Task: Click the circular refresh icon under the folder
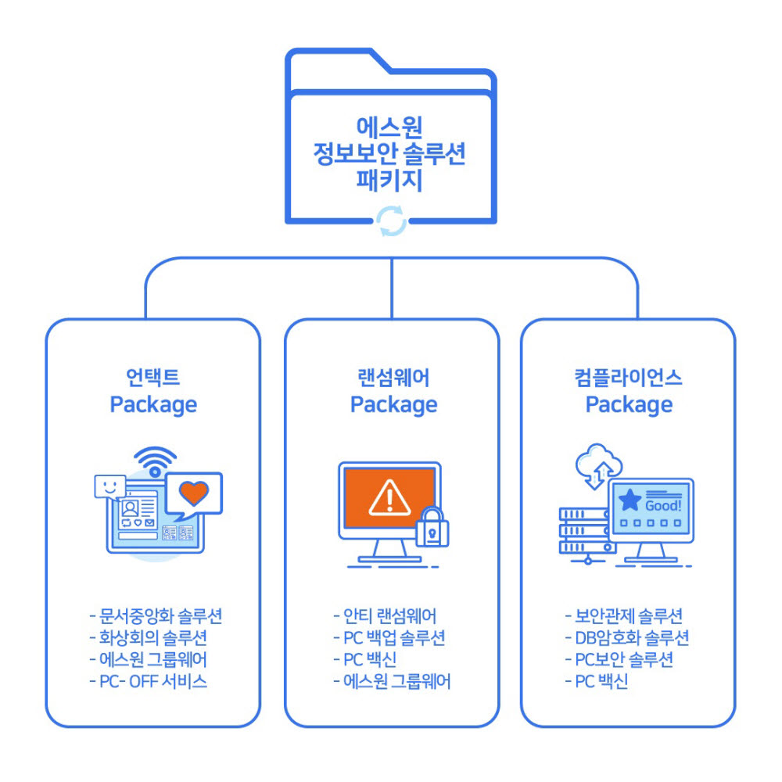(x=392, y=221)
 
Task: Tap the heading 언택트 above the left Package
(x=153, y=378)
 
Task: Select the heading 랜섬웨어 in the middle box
(x=393, y=378)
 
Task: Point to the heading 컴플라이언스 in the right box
(x=629, y=378)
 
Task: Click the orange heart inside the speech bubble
(x=193, y=493)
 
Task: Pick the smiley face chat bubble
(x=109, y=486)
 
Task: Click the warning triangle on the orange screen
(x=389, y=494)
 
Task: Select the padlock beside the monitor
(x=432, y=528)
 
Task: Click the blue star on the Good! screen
(x=629, y=500)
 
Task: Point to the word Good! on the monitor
(x=662, y=504)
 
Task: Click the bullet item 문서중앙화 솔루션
(x=156, y=615)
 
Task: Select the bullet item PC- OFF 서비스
(x=149, y=681)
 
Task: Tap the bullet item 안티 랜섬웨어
(x=385, y=615)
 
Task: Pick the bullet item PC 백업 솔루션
(x=389, y=637)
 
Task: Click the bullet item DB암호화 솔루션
(x=627, y=637)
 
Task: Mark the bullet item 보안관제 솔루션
(x=624, y=615)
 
